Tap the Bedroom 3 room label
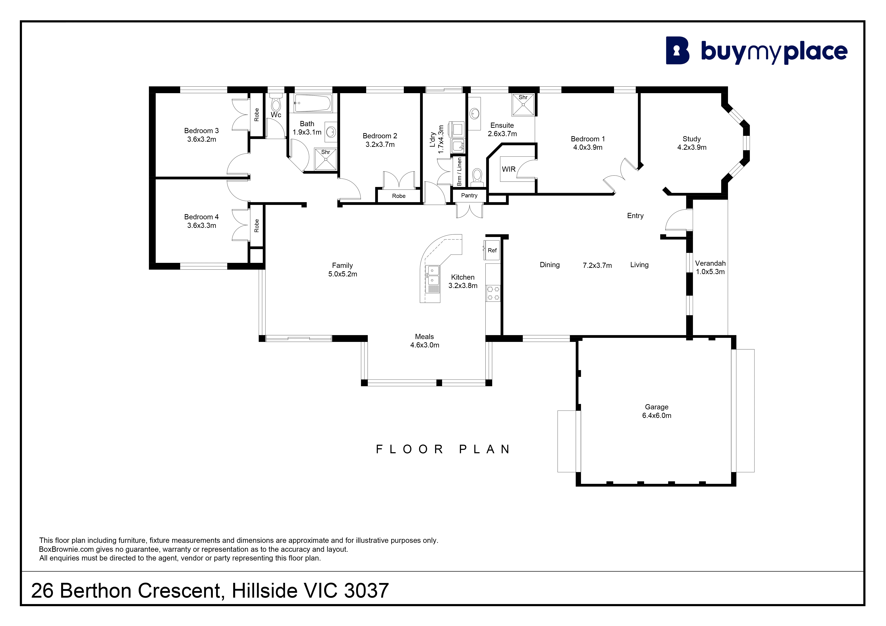[201, 131]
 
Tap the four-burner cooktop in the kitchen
[493, 293]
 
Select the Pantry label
[469, 196]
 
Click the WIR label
[509, 169]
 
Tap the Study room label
[692, 139]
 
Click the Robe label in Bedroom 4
[257, 226]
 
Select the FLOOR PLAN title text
[443, 449]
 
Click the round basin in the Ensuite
[475, 114]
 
